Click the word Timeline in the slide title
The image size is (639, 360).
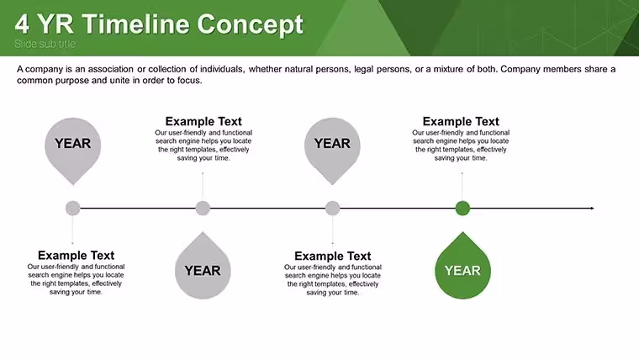(x=136, y=24)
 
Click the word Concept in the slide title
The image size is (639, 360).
(x=251, y=25)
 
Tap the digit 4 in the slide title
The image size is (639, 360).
(x=22, y=24)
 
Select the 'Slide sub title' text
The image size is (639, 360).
(x=45, y=44)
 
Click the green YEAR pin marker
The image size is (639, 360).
(x=462, y=266)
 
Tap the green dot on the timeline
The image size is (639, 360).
(x=462, y=209)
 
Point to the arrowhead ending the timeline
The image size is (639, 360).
(x=592, y=209)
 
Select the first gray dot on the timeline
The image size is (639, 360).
(x=73, y=209)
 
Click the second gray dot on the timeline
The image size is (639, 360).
(x=203, y=209)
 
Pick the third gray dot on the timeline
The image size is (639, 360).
(x=333, y=209)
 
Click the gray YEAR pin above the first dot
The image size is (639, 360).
(x=73, y=151)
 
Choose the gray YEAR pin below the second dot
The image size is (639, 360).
(x=203, y=266)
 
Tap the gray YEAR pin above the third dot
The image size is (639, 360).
(x=333, y=151)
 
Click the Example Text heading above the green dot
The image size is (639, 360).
(x=461, y=121)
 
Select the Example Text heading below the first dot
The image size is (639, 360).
(x=77, y=255)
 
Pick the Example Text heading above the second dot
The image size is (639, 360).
(x=203, y=121)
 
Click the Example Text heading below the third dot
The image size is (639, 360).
(x=333, y=256)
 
